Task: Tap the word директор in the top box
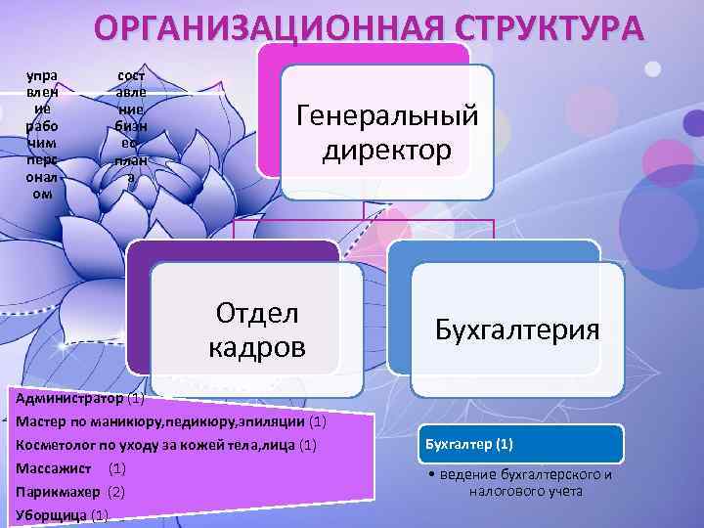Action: (387, 151)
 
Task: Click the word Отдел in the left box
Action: (256, 313)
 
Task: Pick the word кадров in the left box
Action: (256, 347)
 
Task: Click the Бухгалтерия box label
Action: (517, 330)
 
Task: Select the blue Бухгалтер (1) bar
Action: (522, 444)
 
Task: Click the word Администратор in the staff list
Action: (70, 399)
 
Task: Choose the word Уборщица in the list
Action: (51, 513)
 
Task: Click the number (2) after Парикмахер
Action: (116, 490)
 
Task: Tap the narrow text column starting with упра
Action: (42, 133)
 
